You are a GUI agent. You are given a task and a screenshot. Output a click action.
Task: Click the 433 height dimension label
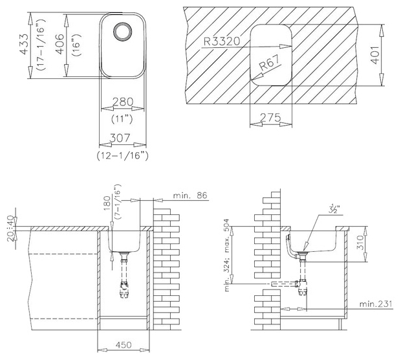(x=24, y=44)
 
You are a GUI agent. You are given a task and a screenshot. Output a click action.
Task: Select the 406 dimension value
(x=60, y=44)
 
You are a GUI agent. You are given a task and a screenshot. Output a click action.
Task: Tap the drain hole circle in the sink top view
(x=123, y=32)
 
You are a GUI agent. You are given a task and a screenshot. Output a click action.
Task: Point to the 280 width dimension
(x=123, y=102)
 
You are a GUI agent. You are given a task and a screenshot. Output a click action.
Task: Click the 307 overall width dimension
(x=120, y=138)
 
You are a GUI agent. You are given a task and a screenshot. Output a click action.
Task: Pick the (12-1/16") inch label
(x=123, y=155)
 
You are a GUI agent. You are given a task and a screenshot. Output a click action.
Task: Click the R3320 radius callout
(x=222, y=41)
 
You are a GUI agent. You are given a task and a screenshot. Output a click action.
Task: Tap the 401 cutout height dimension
(x=375, y=55)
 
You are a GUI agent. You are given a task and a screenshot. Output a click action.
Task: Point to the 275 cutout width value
(x=270, y=118)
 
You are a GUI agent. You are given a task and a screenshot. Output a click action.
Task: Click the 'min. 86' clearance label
(x=190, y=196)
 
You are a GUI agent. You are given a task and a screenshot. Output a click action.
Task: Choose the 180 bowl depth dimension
(x=107, y=203)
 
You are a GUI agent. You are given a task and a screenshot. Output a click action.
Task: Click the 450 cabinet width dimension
(x=124, y=345)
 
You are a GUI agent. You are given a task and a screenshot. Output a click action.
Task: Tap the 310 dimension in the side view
(x=360, y=242)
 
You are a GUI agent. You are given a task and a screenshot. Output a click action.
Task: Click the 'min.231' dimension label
(x=376, y=304)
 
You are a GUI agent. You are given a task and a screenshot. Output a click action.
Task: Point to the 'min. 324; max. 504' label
(x=227, y=255)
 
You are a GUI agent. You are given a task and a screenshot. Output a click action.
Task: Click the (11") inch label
(x=122, y=118)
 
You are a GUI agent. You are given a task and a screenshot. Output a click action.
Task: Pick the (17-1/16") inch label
(x=41, y=45)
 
